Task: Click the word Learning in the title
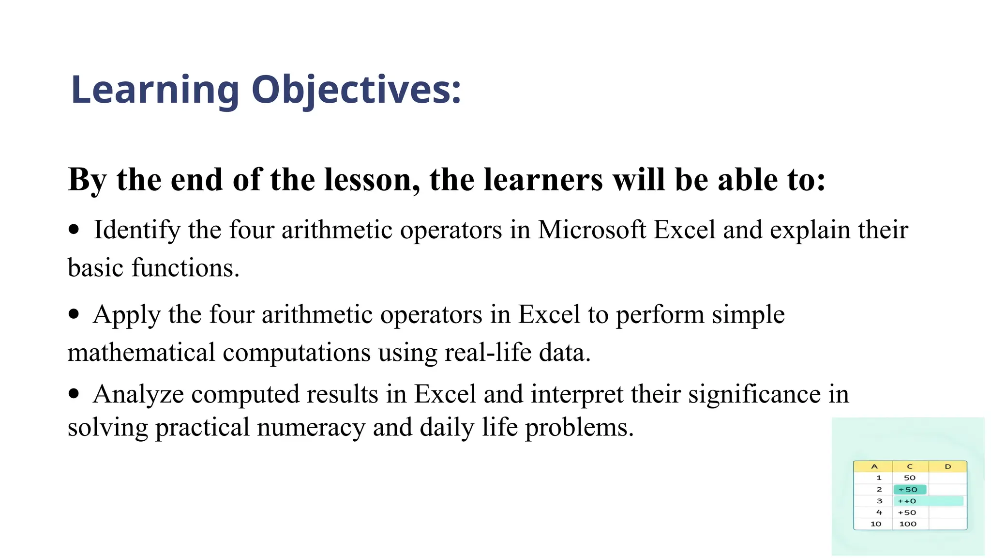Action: tap(155, 90)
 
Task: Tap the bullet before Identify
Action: tap(74, 229)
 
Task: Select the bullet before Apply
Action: tap(74, 314)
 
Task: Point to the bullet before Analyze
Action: tap(74, 393)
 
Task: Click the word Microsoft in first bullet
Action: tap(592, 230)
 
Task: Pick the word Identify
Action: tap(137, 230)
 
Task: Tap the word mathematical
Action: tap(141, 352)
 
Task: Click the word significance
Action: tap(754, 394)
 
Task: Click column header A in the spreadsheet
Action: tap(874, 466)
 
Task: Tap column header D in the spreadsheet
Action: tap(947, 466)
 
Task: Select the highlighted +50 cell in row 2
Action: tap(909, 490)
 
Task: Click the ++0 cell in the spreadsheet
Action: tap(907, 501)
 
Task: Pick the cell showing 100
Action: tap(908, 524)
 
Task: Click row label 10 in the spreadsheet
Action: tap(876, 524)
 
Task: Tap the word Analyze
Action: tap(138, 394)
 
